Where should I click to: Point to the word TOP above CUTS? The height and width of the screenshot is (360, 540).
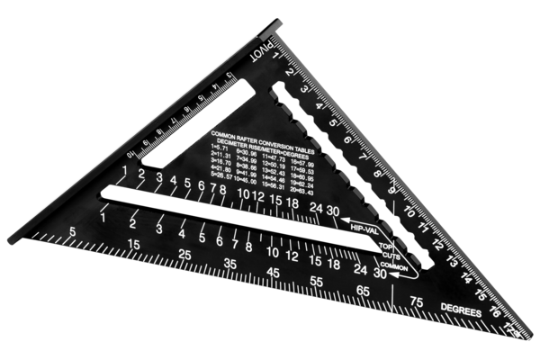tap(385, 247)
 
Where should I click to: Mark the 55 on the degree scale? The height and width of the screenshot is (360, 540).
tap(316, 282)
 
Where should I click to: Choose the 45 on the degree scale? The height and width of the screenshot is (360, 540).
tap(273, 273)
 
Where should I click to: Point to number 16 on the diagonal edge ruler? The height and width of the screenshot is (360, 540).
tap(494, 315)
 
